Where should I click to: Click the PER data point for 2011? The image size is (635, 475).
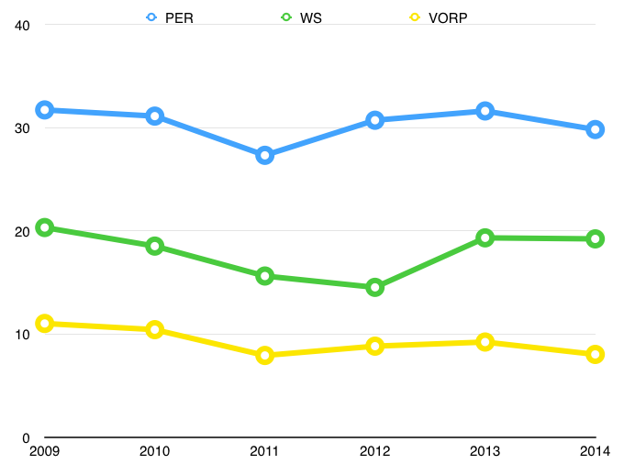tap(264, 155)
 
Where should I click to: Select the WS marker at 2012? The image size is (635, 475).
tap(374, 287)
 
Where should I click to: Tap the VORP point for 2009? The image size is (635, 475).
tap(44, 323)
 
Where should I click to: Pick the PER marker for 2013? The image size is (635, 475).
tap(485, 111)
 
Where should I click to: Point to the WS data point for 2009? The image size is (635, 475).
tap(44, 227)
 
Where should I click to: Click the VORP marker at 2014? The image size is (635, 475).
tap(595, 354)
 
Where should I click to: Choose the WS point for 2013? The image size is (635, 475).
tap(485, 237)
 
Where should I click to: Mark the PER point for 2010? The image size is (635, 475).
tap(154, 116)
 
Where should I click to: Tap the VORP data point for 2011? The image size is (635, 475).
tap(264, 355)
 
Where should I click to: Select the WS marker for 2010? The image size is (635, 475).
tap(154, 246)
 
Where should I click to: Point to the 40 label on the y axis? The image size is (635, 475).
tap(23, 25)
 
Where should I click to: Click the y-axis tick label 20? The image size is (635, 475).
tap(23, 231)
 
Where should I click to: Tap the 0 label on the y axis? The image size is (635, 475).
tap(27, 437)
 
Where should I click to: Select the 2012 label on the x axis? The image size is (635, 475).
tap(374, 451)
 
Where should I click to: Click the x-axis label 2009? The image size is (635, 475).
tap(44, 451)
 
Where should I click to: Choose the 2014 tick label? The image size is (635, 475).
tap(595, 451)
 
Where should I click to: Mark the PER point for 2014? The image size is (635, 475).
tap(595, 129)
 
